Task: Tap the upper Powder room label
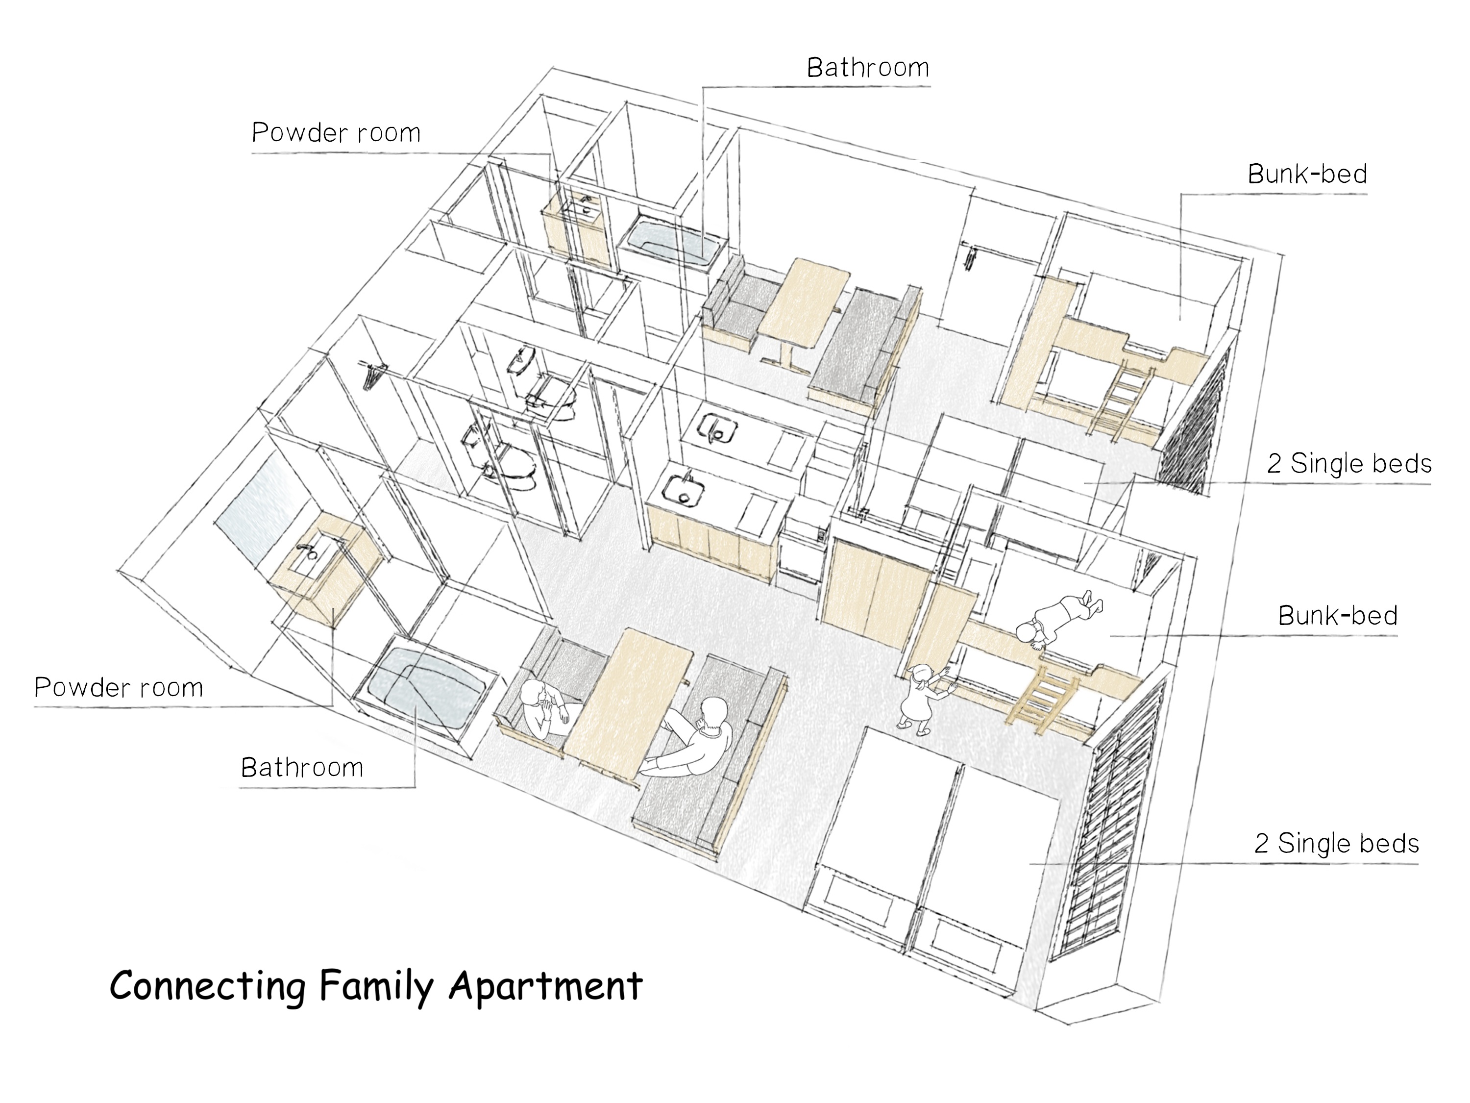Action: point(336,133)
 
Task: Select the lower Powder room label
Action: point(119,687)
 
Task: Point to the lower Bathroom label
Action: point(302,768)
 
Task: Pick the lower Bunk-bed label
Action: point(1338,616)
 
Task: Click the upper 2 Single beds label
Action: point(1349,463)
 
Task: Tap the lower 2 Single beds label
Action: point(1336,843)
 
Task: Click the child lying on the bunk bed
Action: point(1059,618)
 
